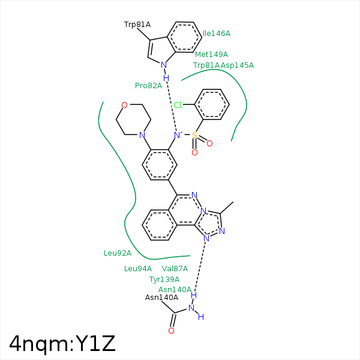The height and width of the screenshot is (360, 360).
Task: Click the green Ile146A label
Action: point(217,34)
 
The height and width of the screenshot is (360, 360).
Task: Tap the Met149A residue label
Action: point(211,55)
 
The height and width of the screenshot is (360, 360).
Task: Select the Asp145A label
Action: point(237,65)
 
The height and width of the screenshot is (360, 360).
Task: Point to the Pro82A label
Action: point(149,86)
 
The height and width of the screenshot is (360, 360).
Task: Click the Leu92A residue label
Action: point(118,253)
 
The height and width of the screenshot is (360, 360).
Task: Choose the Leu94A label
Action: point(138,269)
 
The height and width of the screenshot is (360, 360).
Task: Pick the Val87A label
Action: point(175,269)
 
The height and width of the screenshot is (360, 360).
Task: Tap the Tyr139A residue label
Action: point(164,280)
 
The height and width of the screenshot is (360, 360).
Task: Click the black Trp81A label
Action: point(137,25)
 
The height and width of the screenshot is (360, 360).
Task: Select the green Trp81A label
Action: point(206,65)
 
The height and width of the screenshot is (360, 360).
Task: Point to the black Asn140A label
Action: point(161,298)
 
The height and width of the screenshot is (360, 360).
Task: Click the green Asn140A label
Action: point(175,290)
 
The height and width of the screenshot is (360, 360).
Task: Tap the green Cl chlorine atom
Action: point(178,105)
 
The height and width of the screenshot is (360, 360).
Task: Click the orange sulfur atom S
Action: point(194,135)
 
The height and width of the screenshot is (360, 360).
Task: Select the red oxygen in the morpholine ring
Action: point(124,105)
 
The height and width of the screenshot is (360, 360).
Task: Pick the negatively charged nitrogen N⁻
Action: point(178,135)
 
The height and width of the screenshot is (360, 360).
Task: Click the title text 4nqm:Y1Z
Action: point(62,344)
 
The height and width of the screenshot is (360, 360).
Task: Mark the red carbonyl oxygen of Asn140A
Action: point(171,331)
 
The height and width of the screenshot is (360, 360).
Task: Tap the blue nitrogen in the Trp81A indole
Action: point(164,65)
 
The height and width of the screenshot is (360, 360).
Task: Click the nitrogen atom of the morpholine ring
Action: point(142,135)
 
